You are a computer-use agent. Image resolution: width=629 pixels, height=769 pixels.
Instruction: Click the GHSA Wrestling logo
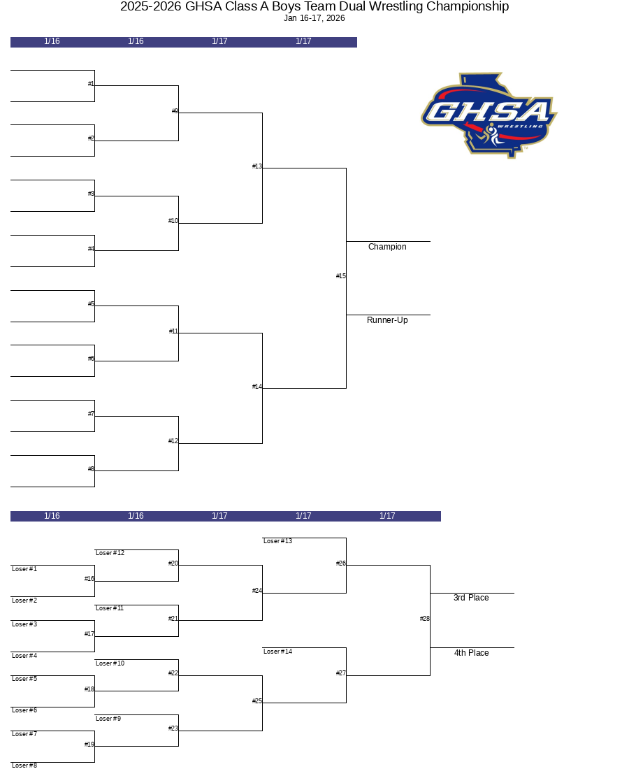489,116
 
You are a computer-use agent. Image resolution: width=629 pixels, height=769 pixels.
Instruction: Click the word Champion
387,247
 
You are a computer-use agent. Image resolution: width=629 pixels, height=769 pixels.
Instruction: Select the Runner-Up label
387,320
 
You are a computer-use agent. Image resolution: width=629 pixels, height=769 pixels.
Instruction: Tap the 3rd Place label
471,598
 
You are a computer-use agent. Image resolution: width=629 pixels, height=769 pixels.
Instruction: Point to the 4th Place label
471,653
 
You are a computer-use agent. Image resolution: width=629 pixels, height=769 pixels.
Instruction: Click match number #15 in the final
341,276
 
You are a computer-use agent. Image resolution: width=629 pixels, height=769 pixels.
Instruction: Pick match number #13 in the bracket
257,166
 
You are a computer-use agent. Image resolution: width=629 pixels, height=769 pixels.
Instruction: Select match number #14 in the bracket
257,387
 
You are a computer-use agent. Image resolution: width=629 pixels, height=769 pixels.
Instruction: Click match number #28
424,619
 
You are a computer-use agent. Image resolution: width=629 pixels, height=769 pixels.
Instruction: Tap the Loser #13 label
277,541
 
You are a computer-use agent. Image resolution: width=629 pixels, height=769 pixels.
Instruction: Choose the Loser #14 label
277,652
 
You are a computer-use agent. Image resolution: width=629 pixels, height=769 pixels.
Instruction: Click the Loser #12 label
110,553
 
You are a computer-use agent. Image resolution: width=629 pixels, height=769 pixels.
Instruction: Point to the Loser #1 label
24,569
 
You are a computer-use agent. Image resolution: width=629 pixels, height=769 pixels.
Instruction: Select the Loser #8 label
24,765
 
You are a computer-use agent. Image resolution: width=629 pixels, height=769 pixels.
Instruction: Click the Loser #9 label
108,719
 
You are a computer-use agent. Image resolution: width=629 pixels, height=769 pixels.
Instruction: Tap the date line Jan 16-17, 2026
314,18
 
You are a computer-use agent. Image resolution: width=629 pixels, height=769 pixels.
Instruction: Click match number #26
341,563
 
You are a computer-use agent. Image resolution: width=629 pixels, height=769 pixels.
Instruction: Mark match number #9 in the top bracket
175,111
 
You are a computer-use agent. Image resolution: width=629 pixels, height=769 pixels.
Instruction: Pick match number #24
257,591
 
